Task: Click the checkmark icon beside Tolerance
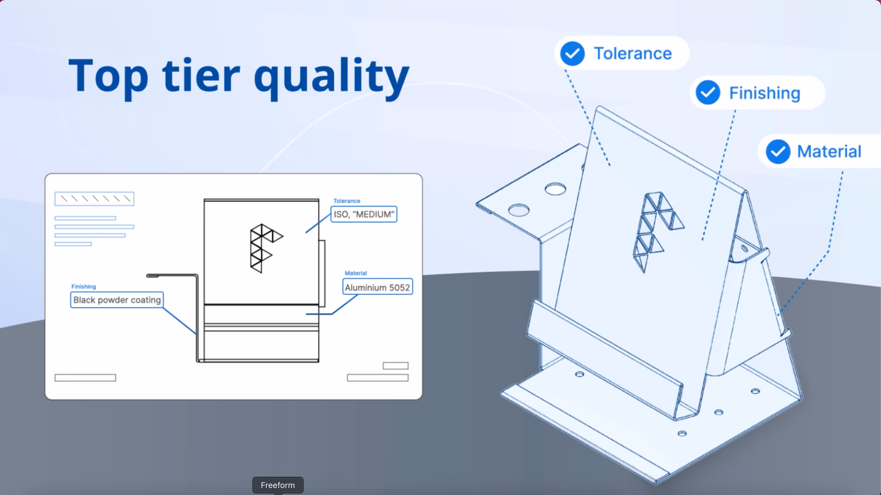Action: (x=572, y=54)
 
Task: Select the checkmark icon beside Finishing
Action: (x=708, y=93)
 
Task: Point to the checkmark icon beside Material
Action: (x=778, y=151)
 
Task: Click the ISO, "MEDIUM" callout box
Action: (x=364, y=214)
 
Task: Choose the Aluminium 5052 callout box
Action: (x=377, y=287)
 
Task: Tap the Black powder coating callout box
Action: (x=117, y=300)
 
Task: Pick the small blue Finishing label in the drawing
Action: (x=83, y=287)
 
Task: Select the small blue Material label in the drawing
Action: (x=356, y=273)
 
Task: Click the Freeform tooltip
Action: (x=278, y=485)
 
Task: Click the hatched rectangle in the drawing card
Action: (x=95, y=199)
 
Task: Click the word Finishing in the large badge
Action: (x=765, y=93)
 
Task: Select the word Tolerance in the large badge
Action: (x=633, y=54)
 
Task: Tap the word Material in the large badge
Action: (x=829, y=151)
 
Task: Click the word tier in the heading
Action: (x=201, y=76)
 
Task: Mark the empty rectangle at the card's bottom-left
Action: (x=85, y=378)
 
